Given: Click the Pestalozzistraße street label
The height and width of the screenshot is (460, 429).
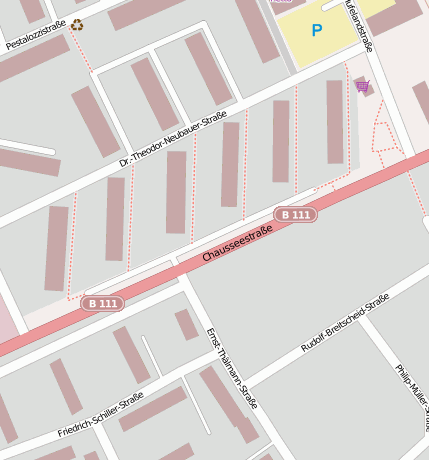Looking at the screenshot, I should click(36, 34).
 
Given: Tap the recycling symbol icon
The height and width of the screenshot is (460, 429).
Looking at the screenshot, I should click(77, 25).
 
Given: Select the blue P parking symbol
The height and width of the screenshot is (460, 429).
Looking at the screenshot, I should click(317, 31).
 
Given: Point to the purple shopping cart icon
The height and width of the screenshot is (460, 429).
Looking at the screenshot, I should click(362, 87).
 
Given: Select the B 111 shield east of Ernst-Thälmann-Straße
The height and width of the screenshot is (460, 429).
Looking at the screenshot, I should click(295, 215).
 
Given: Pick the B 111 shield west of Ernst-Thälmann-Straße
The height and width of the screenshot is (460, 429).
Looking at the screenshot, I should click(102, 303).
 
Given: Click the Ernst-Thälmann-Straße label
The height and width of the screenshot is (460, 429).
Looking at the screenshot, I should click(231, 368).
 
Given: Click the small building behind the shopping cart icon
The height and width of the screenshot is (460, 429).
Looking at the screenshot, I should click(361, 86).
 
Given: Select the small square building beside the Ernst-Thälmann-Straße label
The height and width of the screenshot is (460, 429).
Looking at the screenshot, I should click(187, 324).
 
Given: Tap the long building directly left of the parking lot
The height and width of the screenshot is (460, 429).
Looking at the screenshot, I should click(258, 30).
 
